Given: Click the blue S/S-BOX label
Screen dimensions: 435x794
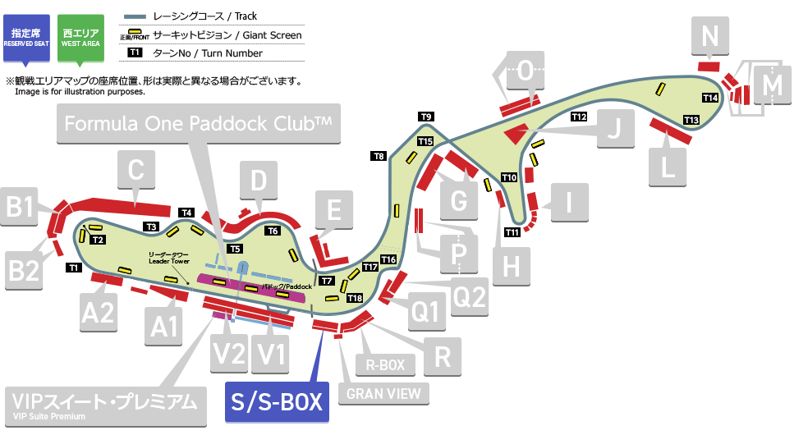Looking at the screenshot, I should click(277, 401).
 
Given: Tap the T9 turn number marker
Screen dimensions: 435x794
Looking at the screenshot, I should click(426, 116).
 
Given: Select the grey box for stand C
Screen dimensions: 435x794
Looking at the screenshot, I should click(136, 172).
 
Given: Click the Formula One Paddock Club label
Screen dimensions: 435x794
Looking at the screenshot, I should click(198, 124).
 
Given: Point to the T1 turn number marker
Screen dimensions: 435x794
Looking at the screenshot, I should click(73, 268).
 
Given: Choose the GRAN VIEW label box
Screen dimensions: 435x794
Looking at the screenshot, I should click(384, 393).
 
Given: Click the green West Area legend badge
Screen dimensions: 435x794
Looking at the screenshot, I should click(80, 37).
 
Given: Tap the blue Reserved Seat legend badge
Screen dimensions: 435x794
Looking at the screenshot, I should click(27, 37).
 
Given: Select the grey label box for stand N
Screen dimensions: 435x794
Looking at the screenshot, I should click(711, 37).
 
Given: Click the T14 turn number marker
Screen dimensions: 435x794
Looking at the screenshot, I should click(710, 98).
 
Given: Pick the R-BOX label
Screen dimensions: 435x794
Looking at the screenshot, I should click(385, 364).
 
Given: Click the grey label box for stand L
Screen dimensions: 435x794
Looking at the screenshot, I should click(668, 167).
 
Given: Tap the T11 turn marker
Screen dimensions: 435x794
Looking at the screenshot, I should click(512, 232).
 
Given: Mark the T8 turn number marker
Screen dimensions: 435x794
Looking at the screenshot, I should click(379, 155).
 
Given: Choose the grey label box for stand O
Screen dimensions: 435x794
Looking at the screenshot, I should click(525, 71).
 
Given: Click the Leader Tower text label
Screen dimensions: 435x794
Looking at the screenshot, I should click(169, 258).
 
